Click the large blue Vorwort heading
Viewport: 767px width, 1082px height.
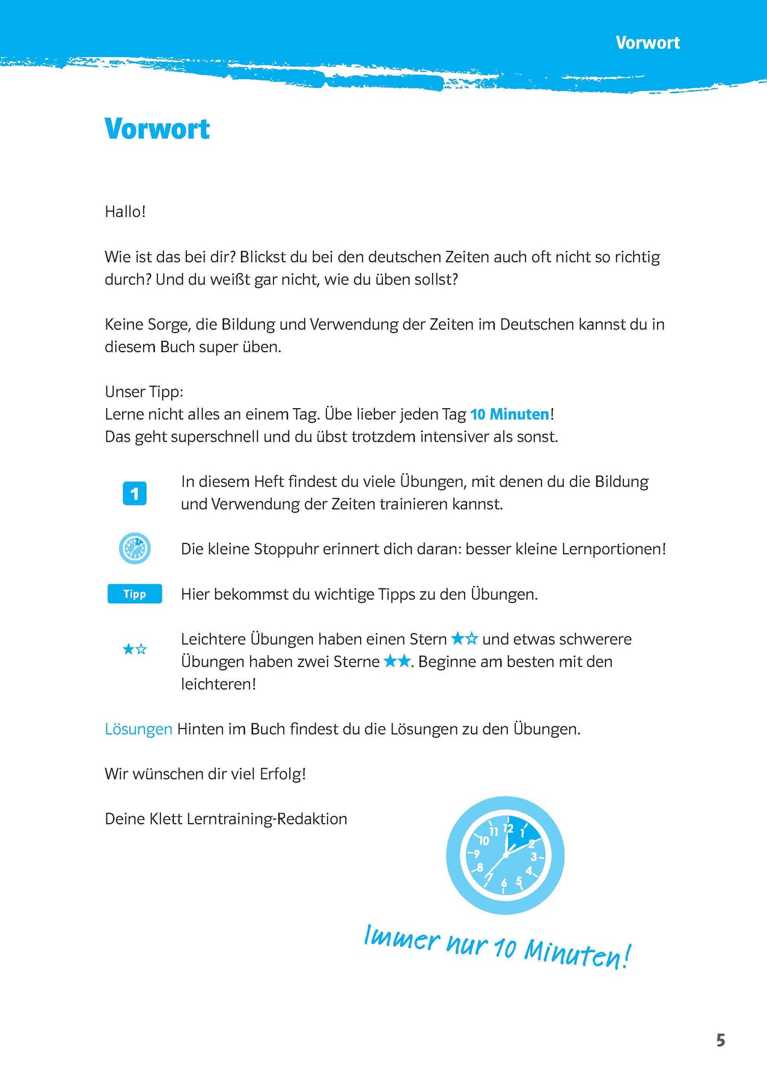pyautogui.click(x=157, y=129)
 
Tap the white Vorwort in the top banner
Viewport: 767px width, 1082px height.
pyautogui.click(x=647, y=43)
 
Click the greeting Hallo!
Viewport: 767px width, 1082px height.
pyautogui.click(x=125, y=212)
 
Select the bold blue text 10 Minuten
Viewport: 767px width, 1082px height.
pyautogui.click(x=510, y=414)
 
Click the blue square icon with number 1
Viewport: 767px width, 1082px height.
pyautogui.click(x=135, y=494)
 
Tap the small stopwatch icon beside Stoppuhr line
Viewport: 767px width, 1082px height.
pyautogui.click(x=135, y=548)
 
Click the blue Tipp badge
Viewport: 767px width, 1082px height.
pyautogui.click(x=135, y=594)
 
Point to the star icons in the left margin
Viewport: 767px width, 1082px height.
pyautogui.click(x=135, y=649)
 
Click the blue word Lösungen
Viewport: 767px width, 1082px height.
pyautogui.click(x=138, y=729)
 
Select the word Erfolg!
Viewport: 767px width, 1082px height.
pyautogui.click(x=283, y=774)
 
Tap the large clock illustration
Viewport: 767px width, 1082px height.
pyautogui.click(x=505, y=855)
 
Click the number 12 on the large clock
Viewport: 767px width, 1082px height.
pyautogui.click(x=508, y=828)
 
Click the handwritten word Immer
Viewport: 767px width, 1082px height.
pyautogui.click(x=402, y=938)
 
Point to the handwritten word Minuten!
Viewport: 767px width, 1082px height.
pyautogui.click(x=577, y=953)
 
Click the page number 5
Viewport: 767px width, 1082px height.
pyautogui.click(x=721, y=1041)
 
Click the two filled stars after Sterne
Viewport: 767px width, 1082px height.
pyautogui.click(x=397, y=661)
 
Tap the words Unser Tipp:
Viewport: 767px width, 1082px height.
pyautogui.click(x=144, y=392)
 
